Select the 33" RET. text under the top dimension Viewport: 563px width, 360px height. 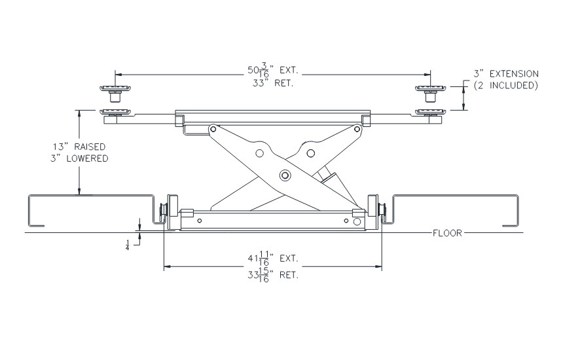[272, 84]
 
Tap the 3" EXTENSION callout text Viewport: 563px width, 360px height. [506, 75]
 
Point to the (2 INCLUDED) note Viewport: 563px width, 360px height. [506, 86]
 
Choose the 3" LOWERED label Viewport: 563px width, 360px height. [81, 158]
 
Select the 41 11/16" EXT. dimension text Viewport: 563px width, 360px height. [272, 260]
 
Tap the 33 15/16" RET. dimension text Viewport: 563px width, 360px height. [272, 276]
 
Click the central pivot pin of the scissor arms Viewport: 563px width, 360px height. [285, 175]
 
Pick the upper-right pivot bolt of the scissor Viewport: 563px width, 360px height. [357, 130]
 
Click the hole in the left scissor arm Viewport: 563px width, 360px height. [259, 154]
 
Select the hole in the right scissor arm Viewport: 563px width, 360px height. [311, 153]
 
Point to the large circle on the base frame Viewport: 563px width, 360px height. [357, 222]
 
